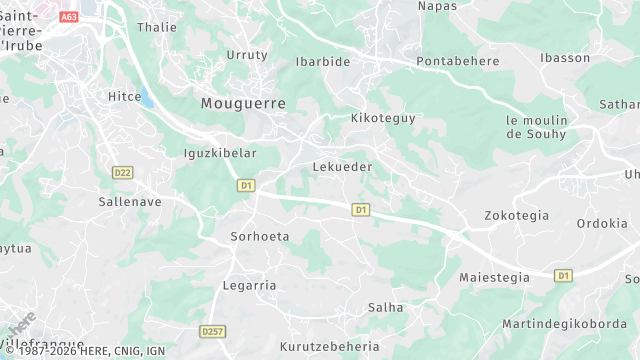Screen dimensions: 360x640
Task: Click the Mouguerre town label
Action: pyautogui.click(x=243, y=103)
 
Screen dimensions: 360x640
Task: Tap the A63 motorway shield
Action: pyautogui.click(x=69, y=17)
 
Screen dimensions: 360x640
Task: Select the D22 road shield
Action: pyautogui.click(x=123, y=172)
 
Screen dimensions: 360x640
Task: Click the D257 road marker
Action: pyautogui.click(x=211, y=331)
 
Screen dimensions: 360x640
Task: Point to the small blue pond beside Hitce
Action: pyautogui.click(x=146, y=97)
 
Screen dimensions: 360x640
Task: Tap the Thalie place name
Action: pyautogui.click(x=156, y=28)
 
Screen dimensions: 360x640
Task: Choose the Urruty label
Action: pyautogui.click(x=248, y=55)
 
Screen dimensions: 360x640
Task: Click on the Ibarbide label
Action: pyautogui.click(x=323, y=62)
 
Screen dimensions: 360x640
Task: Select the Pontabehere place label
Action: pyautogui.click(x=457, y=62)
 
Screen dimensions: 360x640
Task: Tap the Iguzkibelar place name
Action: pyautogui.click(x=221, y=154)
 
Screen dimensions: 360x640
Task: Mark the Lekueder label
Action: pyautogui.click(x=342, y=167)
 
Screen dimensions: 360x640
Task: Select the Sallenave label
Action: pyautogui.click(x=130, y=201)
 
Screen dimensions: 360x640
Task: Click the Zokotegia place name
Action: pyautogui.click(x=516, y=215)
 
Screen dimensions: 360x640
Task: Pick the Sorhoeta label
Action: pyautogui.click(x=260, y=237)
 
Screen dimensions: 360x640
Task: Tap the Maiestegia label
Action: pyautogui.click(x=494, y=277)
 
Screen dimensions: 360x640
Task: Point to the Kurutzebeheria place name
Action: pyautogui.click(x=330, y=346)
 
